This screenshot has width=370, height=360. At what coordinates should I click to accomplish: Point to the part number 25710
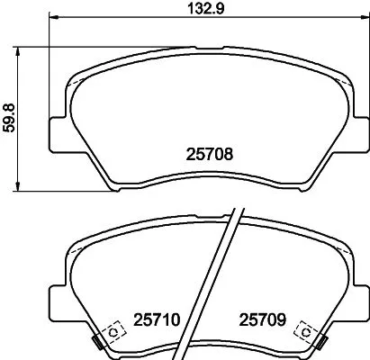click(x=158, y=318)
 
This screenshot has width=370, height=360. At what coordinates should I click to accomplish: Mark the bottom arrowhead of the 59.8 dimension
click(x=20, y=186)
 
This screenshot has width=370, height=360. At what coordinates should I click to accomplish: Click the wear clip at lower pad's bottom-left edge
click(x=95, y=341)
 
